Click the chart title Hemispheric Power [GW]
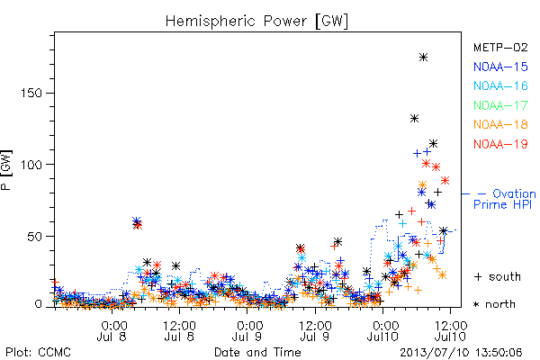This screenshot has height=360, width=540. click(256, 21)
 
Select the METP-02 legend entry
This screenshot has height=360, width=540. click(500, 47)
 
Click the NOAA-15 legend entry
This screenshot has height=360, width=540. click(500, 67)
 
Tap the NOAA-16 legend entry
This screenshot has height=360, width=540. click(500, 85)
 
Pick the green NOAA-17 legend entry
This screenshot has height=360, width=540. click(500, 105)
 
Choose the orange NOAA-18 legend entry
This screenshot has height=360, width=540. click(500, 124)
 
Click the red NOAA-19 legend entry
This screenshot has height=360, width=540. click(500, 144)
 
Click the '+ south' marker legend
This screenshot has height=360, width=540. click(498, 276)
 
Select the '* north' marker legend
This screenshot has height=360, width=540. click(494, 304)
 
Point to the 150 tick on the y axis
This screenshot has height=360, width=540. click(31, 93)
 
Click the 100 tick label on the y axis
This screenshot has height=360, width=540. click(31, 165)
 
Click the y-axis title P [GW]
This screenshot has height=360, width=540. click(6, 170)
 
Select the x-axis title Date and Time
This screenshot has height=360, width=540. click(257, 352)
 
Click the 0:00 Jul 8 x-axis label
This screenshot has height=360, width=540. click(112, 330)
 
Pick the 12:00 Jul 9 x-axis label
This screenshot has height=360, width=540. click(315, 330)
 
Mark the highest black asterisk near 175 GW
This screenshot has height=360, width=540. click(424, 58)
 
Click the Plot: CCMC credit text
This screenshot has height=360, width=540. click(38, 352)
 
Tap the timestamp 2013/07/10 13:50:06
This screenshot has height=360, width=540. click(461, 352)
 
